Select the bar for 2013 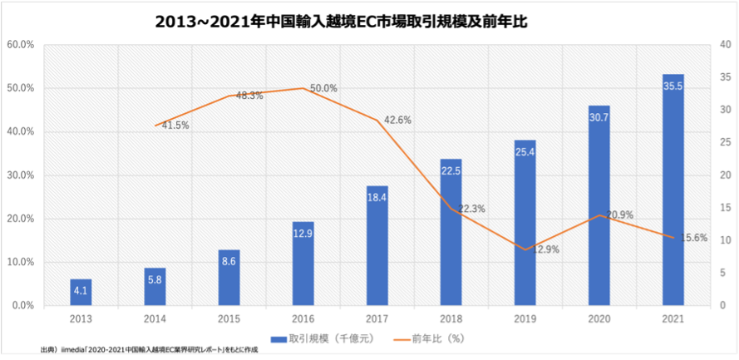[81, 292]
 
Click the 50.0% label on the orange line [323, 88]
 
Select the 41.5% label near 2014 [175, 126]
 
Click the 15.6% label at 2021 [693, 238]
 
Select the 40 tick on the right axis [724, 45]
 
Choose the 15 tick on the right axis [724, 208]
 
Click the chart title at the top [341, 22]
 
